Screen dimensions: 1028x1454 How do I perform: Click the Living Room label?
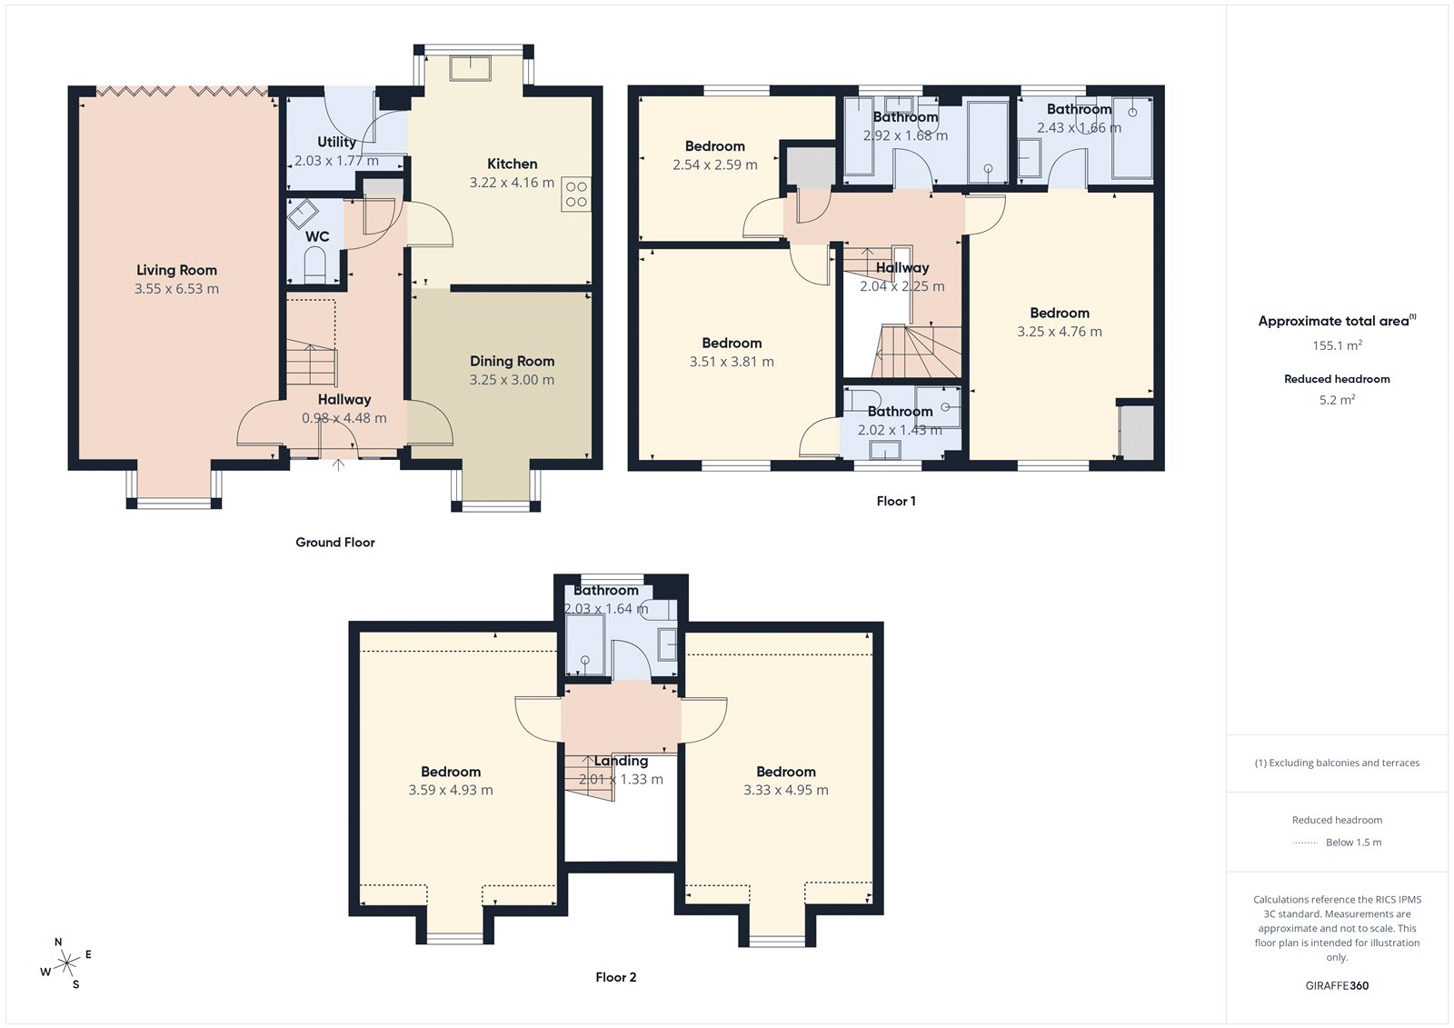pos(176,270)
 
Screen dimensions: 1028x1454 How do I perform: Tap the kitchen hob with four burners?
pos(576,194)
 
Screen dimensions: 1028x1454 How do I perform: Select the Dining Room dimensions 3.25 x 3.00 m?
pos(512,380)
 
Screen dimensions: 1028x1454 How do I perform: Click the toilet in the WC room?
pos(314,265)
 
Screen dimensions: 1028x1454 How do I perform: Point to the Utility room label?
pos(336,142)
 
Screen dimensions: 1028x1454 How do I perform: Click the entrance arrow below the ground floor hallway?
pos(338,464)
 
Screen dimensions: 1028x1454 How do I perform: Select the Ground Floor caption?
pos(334,542)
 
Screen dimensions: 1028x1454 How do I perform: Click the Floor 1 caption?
pos(896,501)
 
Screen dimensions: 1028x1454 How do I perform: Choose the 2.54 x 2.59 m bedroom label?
pos(715,146)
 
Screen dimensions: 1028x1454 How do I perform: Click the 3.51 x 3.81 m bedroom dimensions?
pos(732,362)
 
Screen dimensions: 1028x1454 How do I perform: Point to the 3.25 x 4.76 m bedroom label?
pos(1060,313)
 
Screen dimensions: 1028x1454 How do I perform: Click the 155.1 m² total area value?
pos(1337,345)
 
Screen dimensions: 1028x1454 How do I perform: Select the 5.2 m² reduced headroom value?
pos(1337,400)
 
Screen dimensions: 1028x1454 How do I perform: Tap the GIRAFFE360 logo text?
pos(1337,985)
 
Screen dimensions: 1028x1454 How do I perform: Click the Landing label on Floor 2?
pos(622,761)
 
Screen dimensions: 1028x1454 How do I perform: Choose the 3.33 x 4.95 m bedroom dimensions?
pos(786,790)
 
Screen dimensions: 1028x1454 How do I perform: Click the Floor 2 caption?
pos(615,977)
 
